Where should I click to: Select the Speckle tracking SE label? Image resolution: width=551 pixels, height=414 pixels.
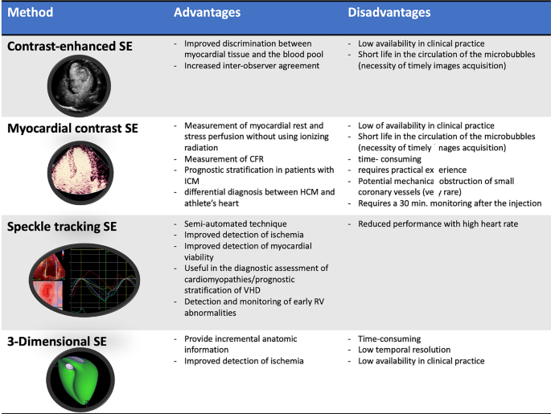coord(62,227)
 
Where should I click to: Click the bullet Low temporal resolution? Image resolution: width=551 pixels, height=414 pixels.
coord(404,350)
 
